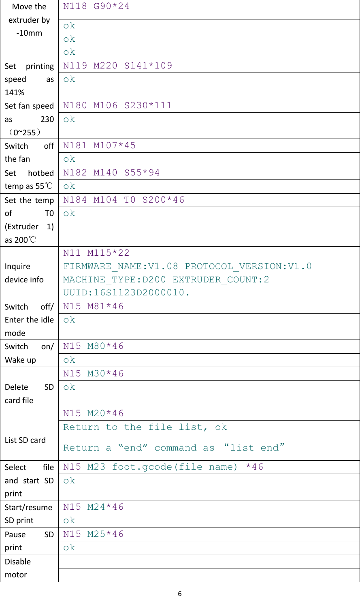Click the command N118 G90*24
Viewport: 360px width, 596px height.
(96, 6)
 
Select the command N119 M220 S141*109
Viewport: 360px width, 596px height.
(117, 66)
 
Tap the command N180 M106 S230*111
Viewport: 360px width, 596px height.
(117, 106)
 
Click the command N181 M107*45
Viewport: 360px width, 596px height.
(99, 145)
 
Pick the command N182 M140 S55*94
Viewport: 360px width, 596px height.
(111, 173)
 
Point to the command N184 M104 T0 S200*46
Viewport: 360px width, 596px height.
(124, 200)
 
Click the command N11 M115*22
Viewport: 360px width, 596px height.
(96, 253)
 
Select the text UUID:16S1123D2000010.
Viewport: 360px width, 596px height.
(126, 293)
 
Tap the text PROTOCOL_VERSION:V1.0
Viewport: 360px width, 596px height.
(248, 266)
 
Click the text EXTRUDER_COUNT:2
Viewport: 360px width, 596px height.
(221, 280)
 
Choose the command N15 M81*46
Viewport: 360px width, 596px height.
(93, 306)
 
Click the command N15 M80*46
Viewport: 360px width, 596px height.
(93, 346)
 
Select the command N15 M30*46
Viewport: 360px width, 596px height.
(93, 374)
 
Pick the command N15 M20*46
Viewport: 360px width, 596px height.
(93, 413)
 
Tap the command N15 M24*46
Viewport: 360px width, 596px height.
(93, 507)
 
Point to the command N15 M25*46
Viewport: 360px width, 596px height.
(93, 534)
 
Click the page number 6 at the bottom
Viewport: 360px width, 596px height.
(180, 594)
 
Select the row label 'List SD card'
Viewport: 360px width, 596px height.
(25, 440)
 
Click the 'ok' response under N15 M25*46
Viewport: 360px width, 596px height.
(69, 548)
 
